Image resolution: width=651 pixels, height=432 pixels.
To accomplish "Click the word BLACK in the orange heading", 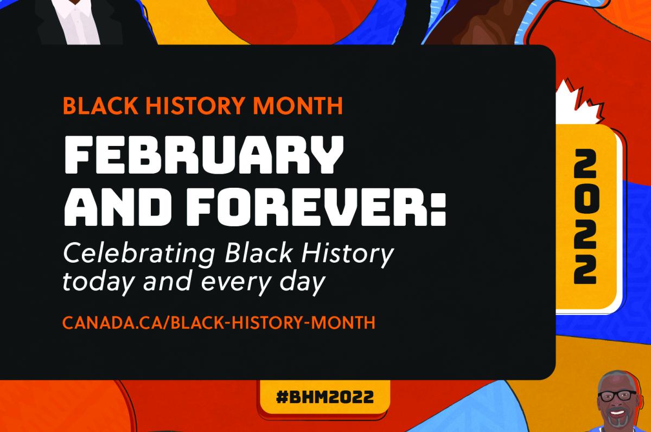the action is pos(101,105).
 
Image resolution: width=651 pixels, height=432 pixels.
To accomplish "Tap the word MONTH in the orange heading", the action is pos(298,105).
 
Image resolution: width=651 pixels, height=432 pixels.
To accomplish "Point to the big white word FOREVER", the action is pos(305,207).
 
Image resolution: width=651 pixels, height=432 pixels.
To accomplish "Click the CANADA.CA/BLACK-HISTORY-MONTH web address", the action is pos(219,322).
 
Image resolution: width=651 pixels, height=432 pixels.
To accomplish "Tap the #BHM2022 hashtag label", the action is pos(324,397).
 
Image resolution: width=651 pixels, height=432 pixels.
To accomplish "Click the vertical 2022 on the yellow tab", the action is pos(585,217).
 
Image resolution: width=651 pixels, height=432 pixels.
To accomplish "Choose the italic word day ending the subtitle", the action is pos(302,283).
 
